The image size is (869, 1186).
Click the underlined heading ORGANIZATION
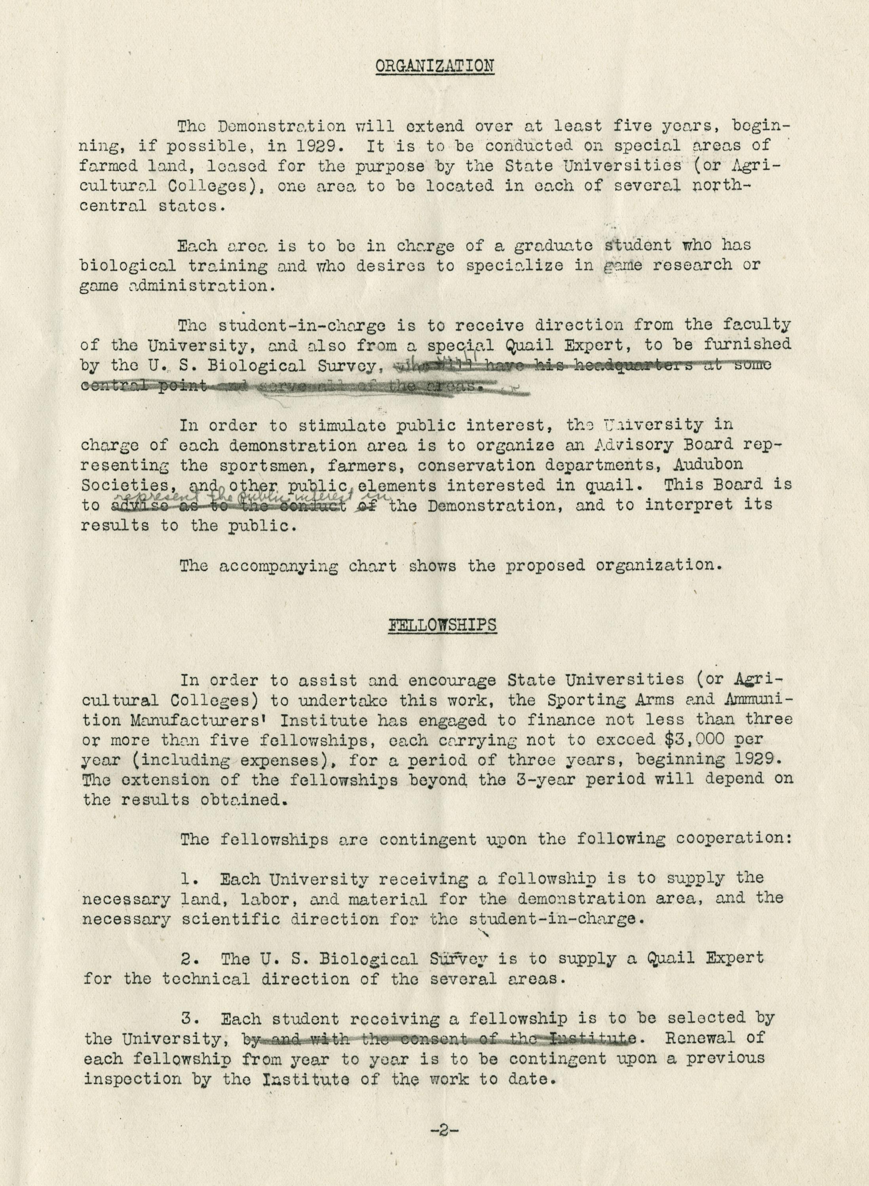[435, 66]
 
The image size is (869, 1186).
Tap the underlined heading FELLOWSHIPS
[442, 624]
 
